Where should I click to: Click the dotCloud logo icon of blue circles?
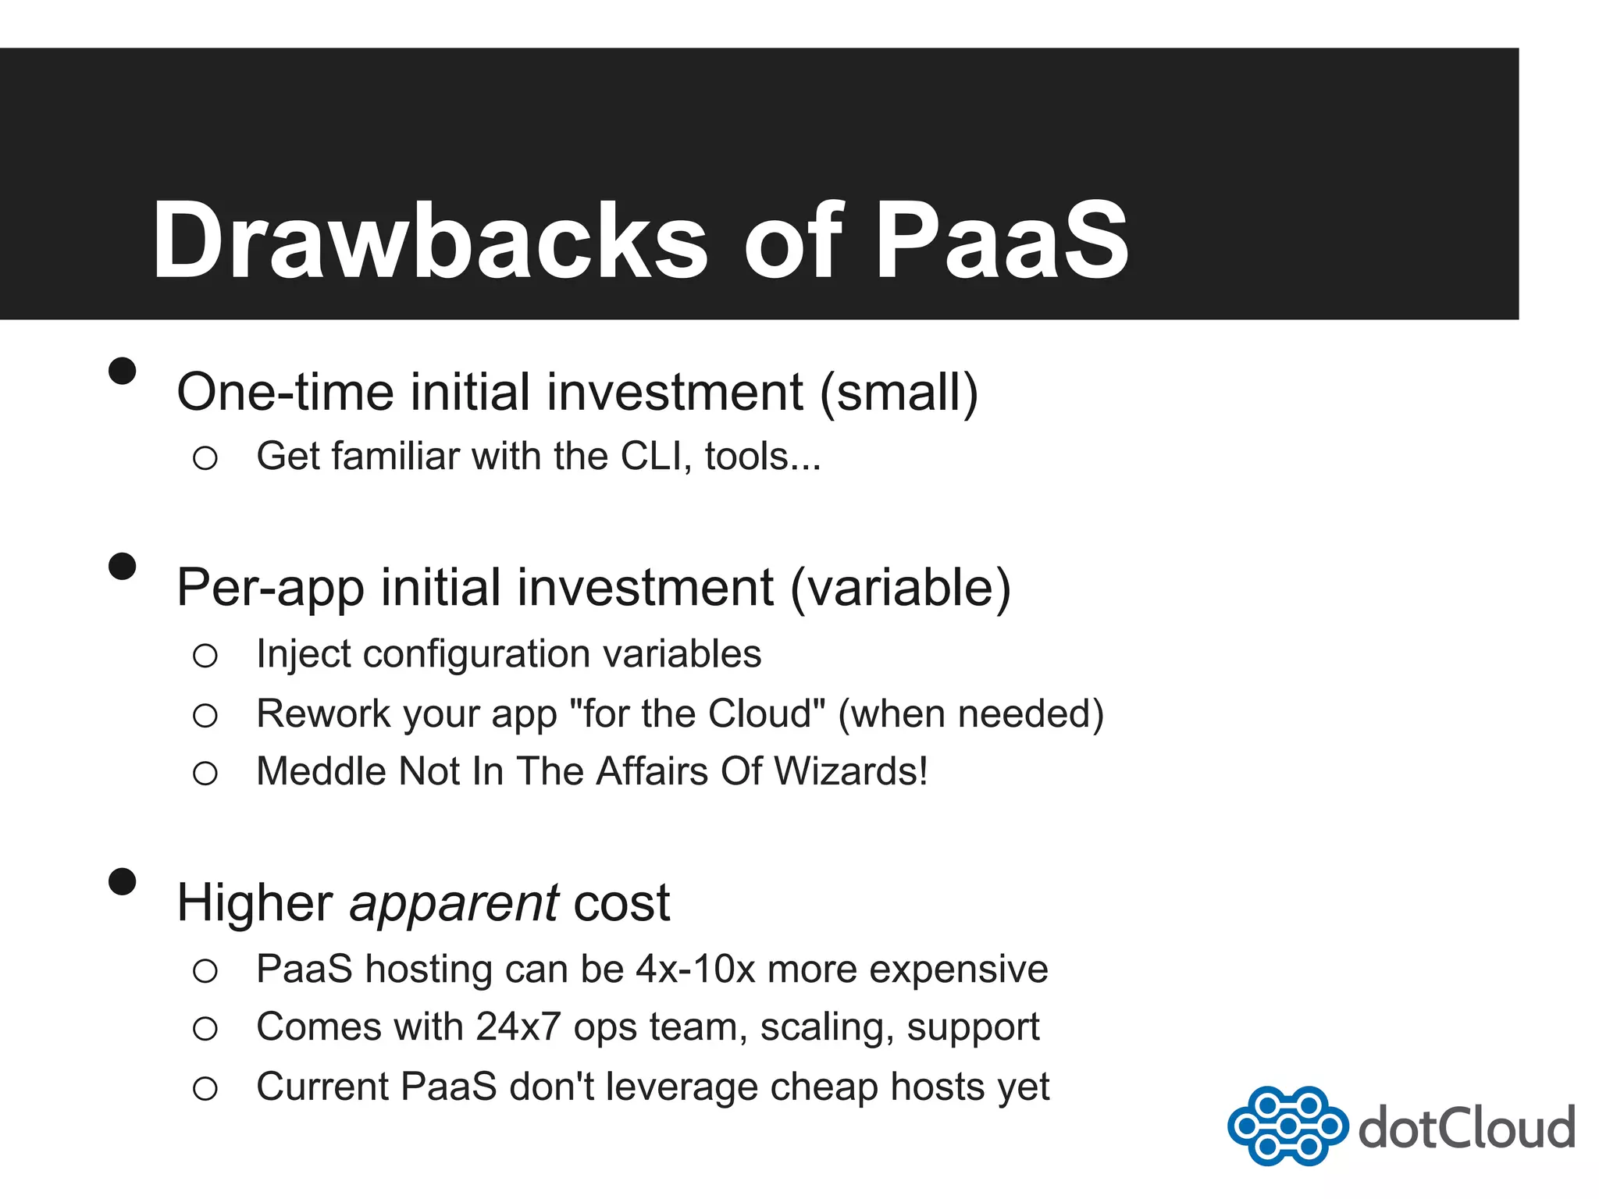(1287, 1126)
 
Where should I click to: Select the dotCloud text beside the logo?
(1466, 1128)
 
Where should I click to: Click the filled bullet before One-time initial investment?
(123, 371)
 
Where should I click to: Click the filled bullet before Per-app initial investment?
(123, 566)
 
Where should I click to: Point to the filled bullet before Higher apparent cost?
(123, 881)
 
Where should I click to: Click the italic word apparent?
(454, 904)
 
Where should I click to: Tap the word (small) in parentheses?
(899, 392)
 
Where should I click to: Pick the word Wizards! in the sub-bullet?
(850, 772)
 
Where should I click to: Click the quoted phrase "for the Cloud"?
(697, 713)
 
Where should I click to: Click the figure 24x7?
(518, 1027)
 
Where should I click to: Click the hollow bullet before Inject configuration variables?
(205, 656)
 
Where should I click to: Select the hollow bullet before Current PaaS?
(205, 1088)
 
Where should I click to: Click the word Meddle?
(321, 772)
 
